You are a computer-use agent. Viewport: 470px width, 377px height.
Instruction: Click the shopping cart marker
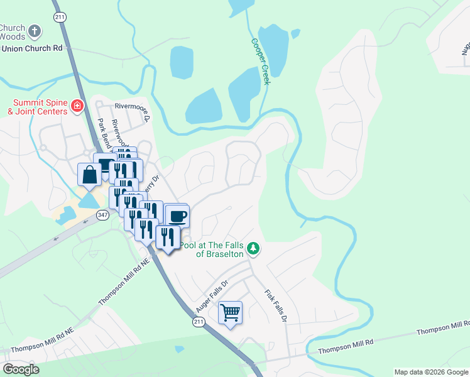[230, 312]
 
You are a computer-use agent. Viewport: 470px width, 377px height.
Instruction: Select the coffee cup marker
[177, 217]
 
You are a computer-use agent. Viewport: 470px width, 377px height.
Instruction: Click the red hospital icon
[77, 106]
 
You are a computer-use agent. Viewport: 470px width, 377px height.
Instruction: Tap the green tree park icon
[253, 248]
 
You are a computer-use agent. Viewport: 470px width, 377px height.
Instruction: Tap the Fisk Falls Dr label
[275, 305]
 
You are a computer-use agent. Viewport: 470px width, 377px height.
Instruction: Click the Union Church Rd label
[31, 48]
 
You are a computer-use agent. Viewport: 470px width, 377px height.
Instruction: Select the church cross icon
[35, 30]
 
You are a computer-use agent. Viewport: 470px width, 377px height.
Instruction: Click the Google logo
[21, 369]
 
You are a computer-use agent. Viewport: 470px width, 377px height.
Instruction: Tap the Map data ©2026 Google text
[430, 372]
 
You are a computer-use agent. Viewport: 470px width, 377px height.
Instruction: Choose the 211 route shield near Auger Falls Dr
[199, 322]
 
